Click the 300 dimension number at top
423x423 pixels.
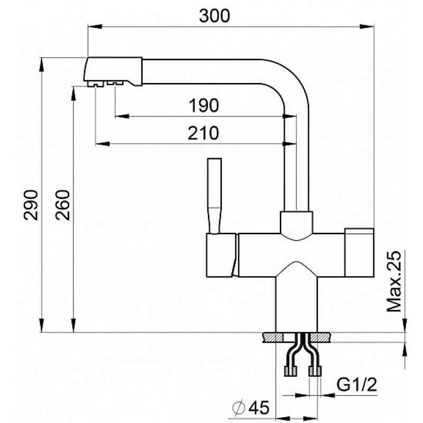tap(215, 16)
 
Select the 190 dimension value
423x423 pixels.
tap(204, 105)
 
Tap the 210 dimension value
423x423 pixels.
tap(203, 133)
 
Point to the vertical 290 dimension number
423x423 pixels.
tap(31, 205)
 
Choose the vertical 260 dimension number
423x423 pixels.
tap(62, 205)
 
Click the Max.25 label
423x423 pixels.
tap(394, 282)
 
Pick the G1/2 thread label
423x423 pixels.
tap(356, 384)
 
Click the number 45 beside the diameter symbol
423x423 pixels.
tap(259, 407)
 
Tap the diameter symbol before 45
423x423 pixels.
tap(239, 407)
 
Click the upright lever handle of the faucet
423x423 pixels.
tap(215, 196)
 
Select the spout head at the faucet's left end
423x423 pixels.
tap(114, 71)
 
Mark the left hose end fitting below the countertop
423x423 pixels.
tap(290, 371)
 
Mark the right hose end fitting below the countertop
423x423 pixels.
tap(315, 371)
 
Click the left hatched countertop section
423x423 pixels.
tap(272, 337)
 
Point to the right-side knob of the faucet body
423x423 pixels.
tap(360, 253)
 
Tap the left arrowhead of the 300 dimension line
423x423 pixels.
tap(95, 26)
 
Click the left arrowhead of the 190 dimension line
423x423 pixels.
tap(122, 116)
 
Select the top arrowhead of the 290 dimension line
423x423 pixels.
tap(41, 65)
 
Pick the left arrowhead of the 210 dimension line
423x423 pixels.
tap(103, 143)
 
